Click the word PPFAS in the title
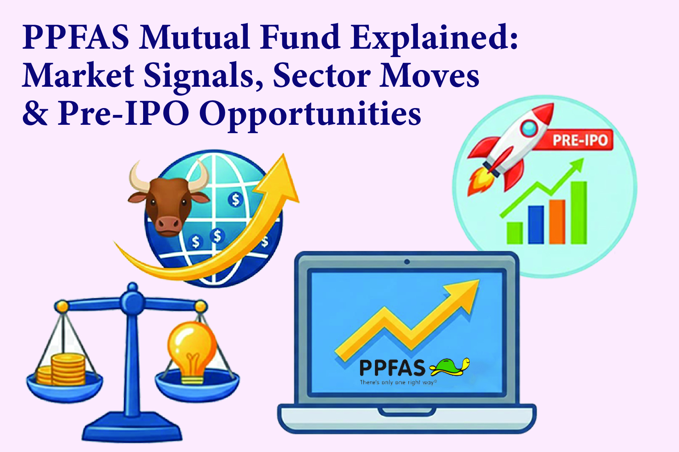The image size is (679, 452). click(76, 37)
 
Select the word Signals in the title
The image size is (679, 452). click(203, 76)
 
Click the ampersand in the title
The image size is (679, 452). click(35, 113)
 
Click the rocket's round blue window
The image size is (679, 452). click(529, 128)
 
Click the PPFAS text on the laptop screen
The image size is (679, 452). click(392, 368)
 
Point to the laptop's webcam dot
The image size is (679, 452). click(407, 262)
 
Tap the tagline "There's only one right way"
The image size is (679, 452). click(398, 382)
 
